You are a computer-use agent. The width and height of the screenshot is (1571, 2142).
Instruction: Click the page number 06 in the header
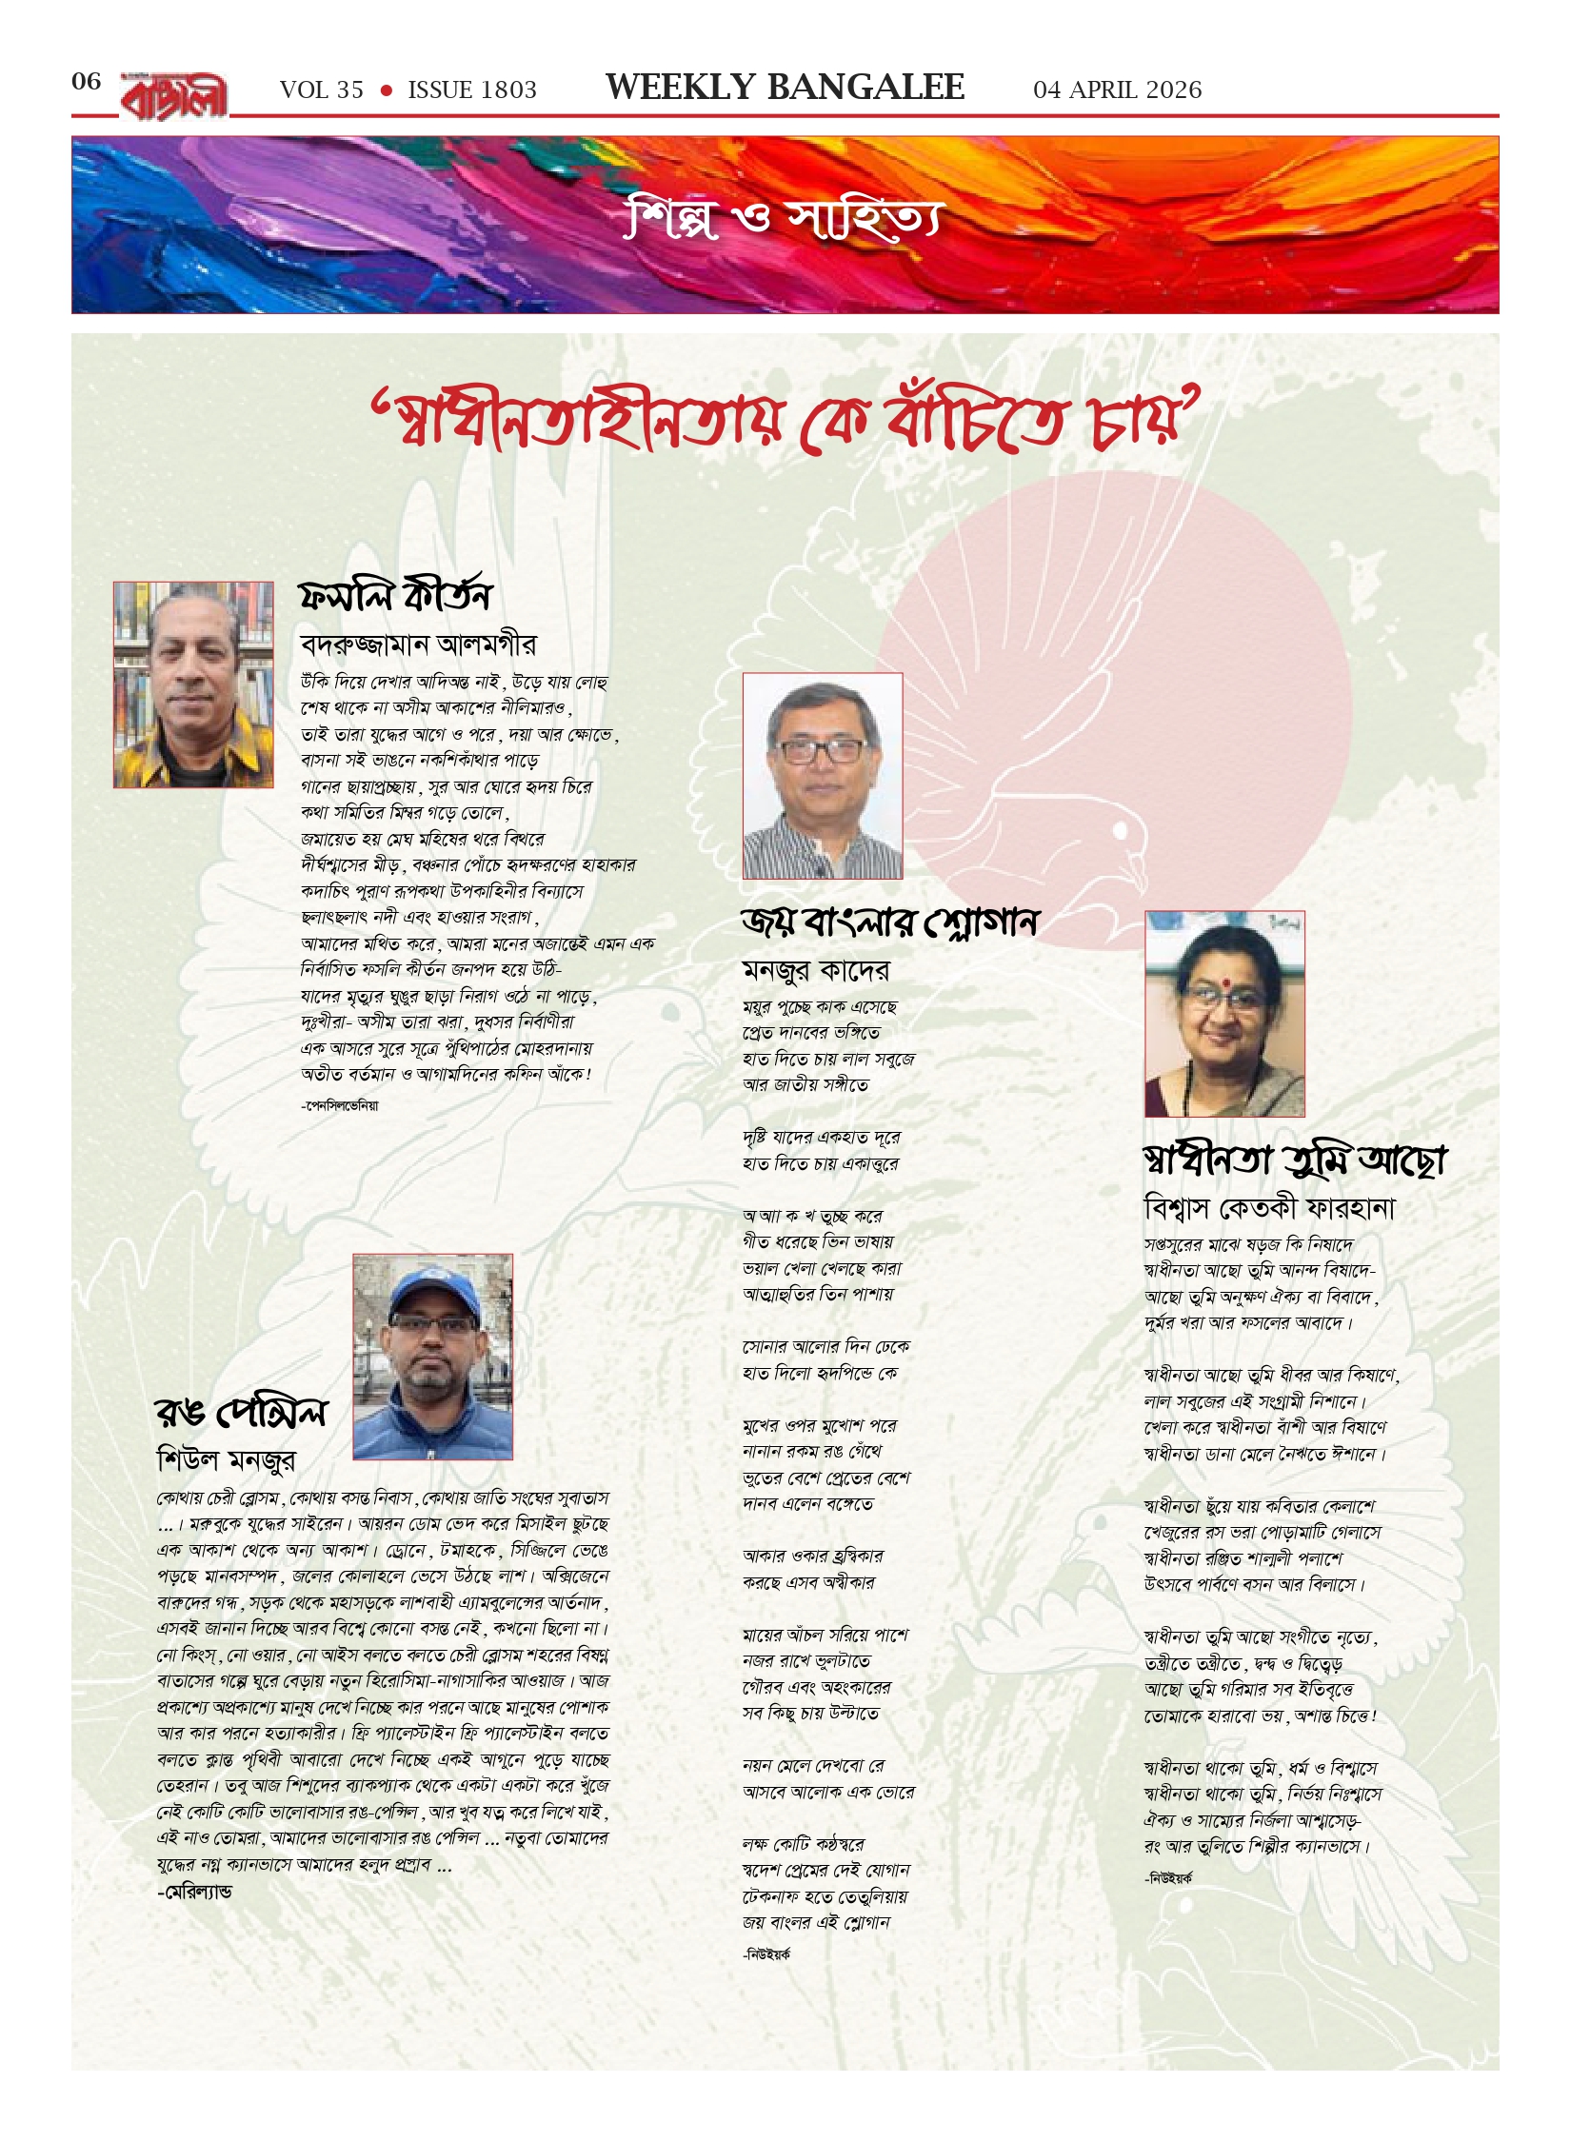(x=86, y=82)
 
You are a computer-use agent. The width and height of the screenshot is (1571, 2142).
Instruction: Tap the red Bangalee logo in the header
(x=174, y=96)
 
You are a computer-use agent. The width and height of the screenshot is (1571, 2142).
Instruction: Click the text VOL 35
(x=322, y=90)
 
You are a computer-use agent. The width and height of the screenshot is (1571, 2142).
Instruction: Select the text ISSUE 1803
(x=472, y=90)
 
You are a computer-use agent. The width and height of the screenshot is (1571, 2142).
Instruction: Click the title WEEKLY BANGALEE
(x=785, y=88)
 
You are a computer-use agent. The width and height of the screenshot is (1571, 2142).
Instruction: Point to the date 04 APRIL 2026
(x=1117, y=90)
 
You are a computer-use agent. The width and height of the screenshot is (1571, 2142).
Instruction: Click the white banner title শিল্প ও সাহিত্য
(x=784, y=220)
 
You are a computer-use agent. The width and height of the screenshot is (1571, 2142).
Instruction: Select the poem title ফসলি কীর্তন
(x=394, y=595)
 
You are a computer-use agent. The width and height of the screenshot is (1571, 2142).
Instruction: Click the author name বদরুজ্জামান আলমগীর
(x=417, y=645)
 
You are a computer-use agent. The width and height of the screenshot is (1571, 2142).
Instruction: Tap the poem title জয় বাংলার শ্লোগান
(x=889, y=922)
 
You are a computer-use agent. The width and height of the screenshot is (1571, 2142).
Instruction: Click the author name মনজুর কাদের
(x=816, y=970)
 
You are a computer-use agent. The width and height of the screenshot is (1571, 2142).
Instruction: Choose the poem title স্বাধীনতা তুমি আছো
(x=1294, y=1160)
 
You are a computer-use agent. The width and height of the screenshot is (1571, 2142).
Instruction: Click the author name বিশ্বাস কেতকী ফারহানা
(x=1269, y=1209)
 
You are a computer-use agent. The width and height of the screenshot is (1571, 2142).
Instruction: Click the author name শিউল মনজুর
(x=226, y=1459)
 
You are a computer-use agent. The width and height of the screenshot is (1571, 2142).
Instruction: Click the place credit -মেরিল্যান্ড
(x=194, y=1892)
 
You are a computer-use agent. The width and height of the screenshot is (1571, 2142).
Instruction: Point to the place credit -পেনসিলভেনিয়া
(x=340, y=1105)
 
